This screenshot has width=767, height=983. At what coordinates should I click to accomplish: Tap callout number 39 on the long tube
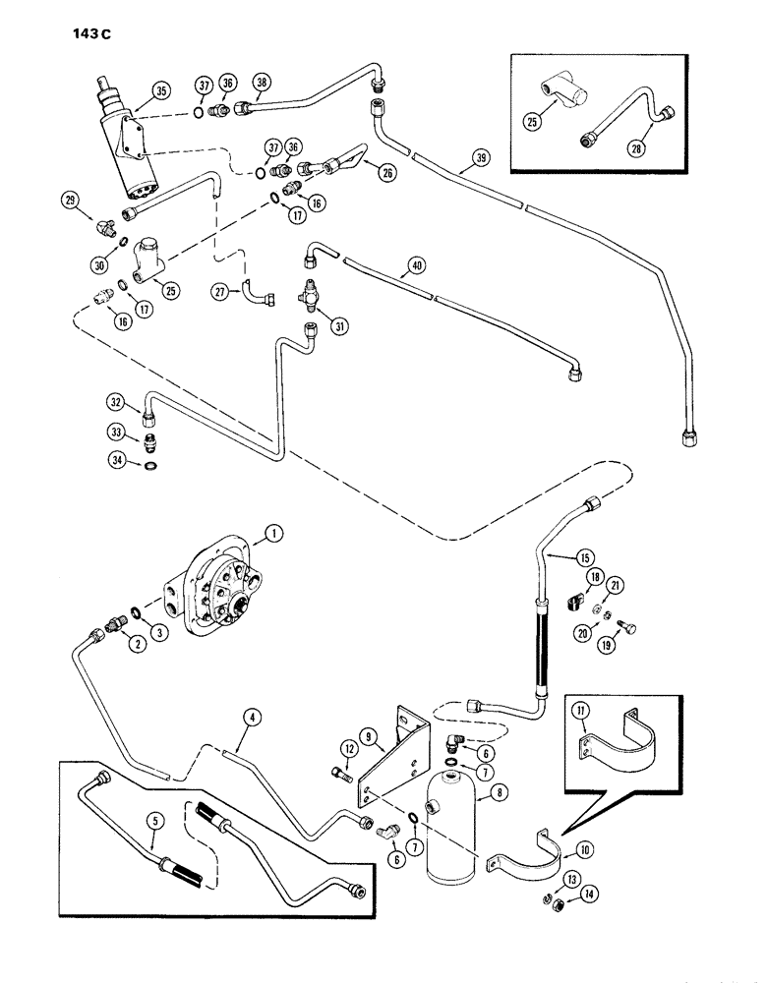point(479,157)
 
